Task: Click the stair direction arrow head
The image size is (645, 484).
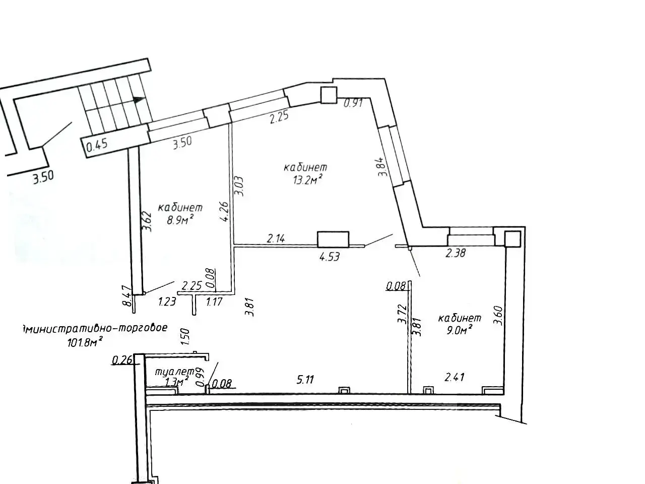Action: [140, 100]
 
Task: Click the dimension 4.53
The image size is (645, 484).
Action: [329, 257]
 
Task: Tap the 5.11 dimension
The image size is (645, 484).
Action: [305, 380]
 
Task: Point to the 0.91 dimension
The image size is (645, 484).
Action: [353, 104]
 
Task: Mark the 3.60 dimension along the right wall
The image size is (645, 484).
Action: [498, 316]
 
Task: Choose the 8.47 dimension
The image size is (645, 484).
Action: [128, 296]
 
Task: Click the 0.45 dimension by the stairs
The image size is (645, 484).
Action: [97, 147]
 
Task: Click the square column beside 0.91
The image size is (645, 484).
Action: [328, 94]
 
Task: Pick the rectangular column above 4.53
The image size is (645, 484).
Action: [333, 238]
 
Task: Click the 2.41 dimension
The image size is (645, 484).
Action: [454, 377]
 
